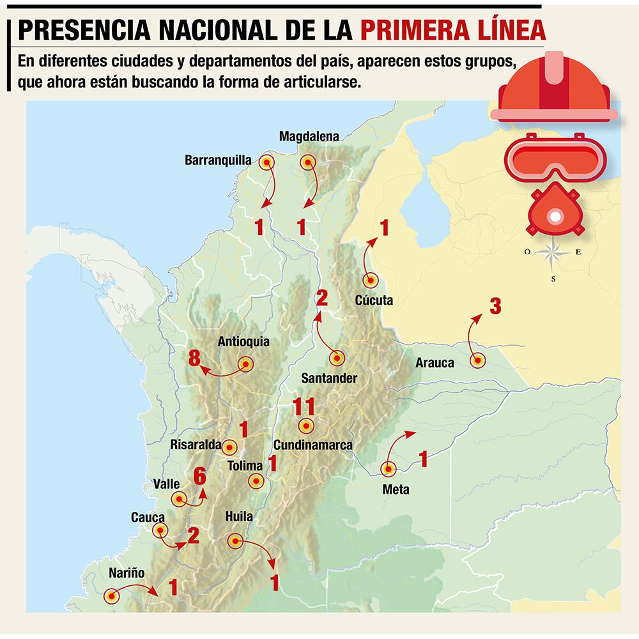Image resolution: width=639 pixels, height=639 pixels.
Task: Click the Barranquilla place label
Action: [x=218, y=160]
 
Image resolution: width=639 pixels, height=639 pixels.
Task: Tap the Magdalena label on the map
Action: [x=309, y=135]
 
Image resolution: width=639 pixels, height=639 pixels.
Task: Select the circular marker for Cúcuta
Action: [x=370, y=280]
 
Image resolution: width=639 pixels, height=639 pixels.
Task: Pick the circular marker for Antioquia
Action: [x=245, y=364]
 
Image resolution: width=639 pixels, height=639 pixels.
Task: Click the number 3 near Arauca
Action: [x=495, y=306]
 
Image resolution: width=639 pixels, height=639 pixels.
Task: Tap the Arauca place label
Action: [x=435, y=363]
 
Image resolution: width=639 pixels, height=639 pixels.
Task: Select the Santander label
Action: [x=329, y=378]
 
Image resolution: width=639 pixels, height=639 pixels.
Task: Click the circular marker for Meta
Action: [x=388, y=469]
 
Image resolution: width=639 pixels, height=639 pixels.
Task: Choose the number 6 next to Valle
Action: [x=199, y=475]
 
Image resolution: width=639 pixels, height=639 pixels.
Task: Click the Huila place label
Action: [x=239, y=517]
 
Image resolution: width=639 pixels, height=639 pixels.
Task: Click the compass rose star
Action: [x=553, y=253]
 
